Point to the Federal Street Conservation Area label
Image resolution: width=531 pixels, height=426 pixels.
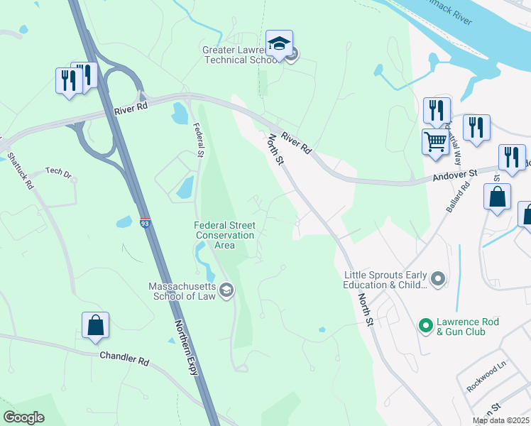pos(224,235)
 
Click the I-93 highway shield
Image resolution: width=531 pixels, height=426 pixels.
pos(145,223)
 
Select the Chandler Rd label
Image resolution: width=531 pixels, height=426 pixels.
pos(124,359)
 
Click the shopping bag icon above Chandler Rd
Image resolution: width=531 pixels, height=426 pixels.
pos(95,326)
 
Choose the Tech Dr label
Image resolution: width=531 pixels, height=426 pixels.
pos(59,172)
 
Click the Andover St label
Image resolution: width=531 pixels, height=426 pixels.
pos(455,174)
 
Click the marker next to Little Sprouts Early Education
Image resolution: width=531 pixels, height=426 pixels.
pos(438,279)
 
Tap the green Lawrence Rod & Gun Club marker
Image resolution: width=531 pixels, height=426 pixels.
pos(425,326)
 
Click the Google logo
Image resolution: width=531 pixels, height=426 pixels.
pos(23,417)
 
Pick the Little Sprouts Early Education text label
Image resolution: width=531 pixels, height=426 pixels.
pos(385,280)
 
